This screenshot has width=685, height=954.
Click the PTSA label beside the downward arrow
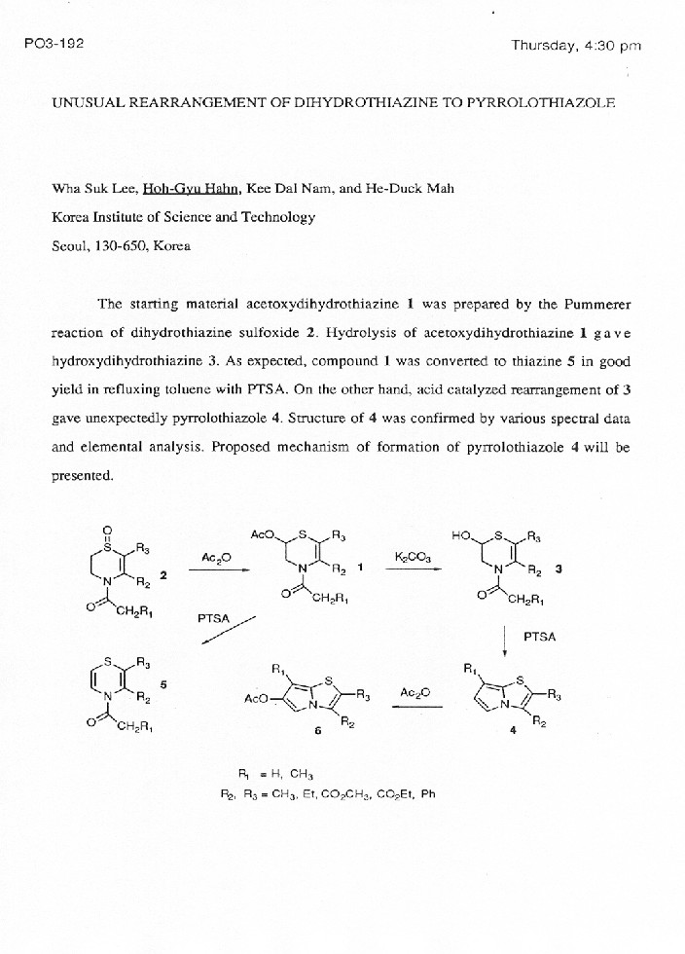540,637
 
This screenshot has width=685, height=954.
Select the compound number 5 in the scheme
163,684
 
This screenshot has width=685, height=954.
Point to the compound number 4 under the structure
512,733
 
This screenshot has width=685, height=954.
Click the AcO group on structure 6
262,699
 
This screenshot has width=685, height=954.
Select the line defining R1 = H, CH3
275,773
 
